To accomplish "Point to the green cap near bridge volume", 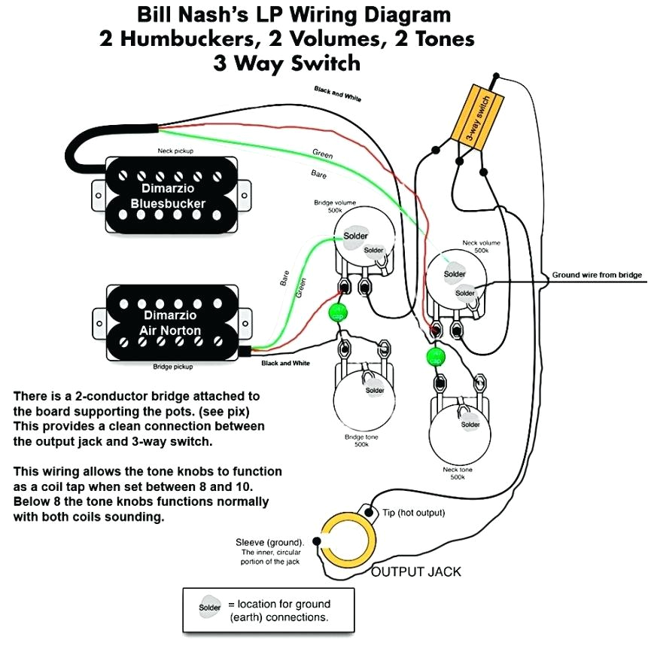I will click(x=338, y=312).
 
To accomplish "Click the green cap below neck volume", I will click(x=434, y=356).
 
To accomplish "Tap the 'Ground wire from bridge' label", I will click(x=596, y=276).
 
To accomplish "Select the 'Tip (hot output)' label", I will click(x=414, y=513).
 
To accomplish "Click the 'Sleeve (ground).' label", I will click(x=270, y=542).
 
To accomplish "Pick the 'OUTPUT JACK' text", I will click(x=416, y=572).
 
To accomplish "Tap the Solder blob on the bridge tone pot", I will click(x=374, y=390).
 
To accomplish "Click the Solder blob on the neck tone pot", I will click(x=470, y=425).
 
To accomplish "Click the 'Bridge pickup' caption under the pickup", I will click(x=173, y=367).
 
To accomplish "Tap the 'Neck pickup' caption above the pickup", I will click(x=175, y=151).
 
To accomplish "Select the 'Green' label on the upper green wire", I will click(x=322, y=154).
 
